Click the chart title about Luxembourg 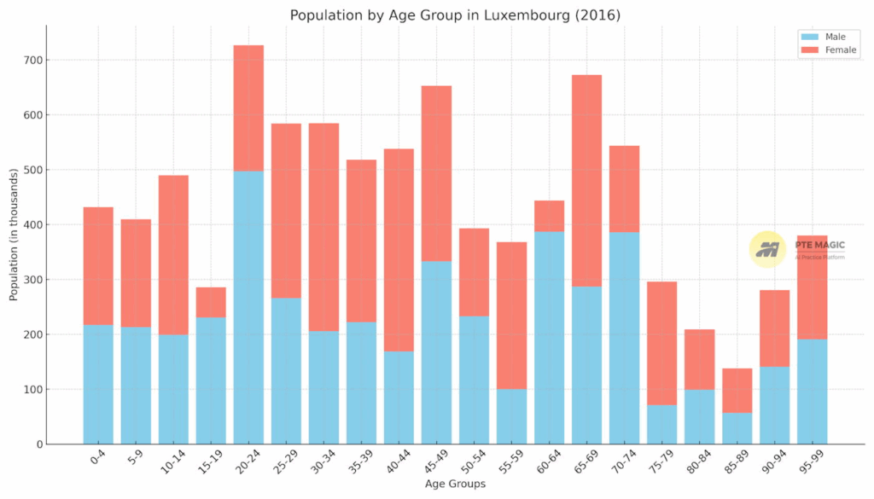coord(455,15)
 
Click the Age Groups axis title coord(455,484)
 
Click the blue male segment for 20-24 coord(248,307)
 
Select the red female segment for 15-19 coord(211,302)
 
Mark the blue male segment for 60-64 coord(549,337)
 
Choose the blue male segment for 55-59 coord(511,416)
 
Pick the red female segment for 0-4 coord(98,265)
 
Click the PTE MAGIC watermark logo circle coord(767,249)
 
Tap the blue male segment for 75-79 coord(661,424)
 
